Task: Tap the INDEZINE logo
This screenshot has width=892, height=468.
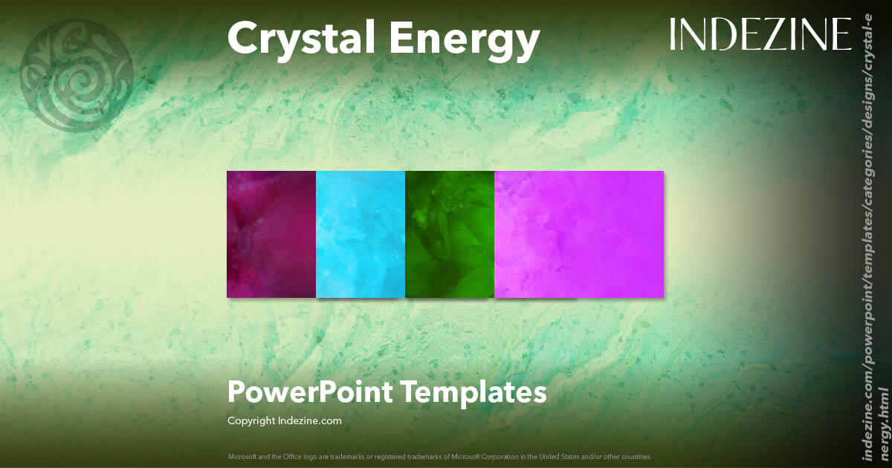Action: point(760,34)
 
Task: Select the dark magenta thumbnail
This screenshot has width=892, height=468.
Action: point(271,234)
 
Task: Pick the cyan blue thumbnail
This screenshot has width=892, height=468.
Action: point(361,234)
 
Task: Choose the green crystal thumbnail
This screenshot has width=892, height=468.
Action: point(450,234)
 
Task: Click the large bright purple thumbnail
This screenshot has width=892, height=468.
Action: point(579,234)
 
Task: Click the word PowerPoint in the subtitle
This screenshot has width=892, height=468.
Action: point(308,391)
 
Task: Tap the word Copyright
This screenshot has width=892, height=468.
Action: point(251,420)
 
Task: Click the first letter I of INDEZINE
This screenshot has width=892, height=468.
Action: point(673,34)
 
